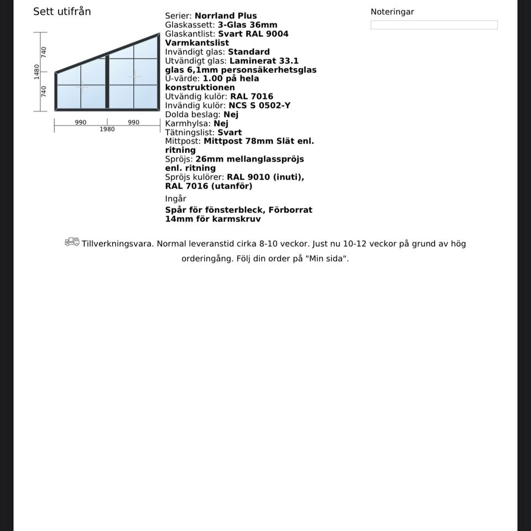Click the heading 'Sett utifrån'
coord(62,12)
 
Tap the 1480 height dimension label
coord(37,72)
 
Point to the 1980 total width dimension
coord(107,129)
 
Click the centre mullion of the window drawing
coord(107,82)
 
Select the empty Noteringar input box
coord(434,25)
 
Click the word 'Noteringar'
coord(392,12)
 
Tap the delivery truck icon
coord(72,242)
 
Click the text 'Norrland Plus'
coord(226,16)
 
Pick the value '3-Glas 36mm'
coord(247,25)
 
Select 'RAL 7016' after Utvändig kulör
coord(252,96)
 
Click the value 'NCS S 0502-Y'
coord(259,105)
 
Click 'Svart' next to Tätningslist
coord(230,132)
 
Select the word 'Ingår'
coord(175,199)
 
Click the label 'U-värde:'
coord(183,79)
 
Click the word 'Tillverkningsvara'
coord(117,243)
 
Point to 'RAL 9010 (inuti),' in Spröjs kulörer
coord(265,177)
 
